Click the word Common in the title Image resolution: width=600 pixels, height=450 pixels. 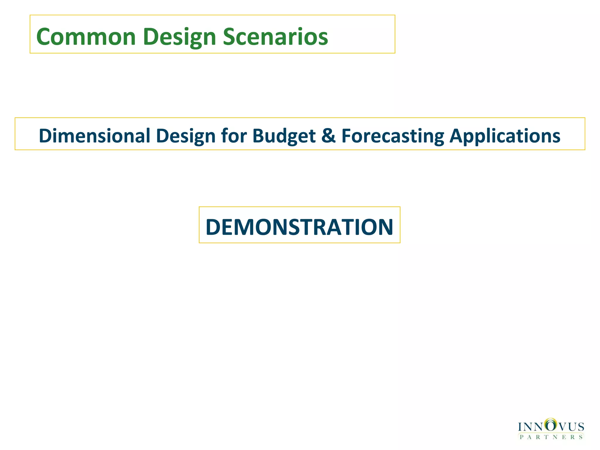pyautogui.click(x=86, y=37)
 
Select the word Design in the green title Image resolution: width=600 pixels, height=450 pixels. pyautogui.click(x=179, y=37)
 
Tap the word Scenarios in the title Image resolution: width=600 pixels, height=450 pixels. pyautogui.click(x=275, y=37)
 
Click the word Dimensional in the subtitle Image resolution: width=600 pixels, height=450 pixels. pyautogui.click(x=94, y=136)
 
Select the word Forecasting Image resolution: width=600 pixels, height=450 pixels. pyautogui.click(x=393, y=136)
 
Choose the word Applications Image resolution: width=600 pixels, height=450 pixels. pyautogui.click(x=505, y=136)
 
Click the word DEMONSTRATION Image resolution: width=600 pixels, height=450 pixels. pyautogui.click(x=299, y=227)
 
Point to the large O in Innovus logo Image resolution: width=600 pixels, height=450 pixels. pyautogui.click(x=551, y=425)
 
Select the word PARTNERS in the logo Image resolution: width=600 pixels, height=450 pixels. pyautogui.click(x=551, y=437)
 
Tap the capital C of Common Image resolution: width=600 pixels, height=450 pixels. pyautogui.click(x=44, y=37)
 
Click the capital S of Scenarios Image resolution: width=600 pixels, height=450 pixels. pyautogui.click(x=230, y=37)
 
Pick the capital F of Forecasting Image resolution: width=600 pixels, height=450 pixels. pyautogui.click(x=347, y=136)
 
